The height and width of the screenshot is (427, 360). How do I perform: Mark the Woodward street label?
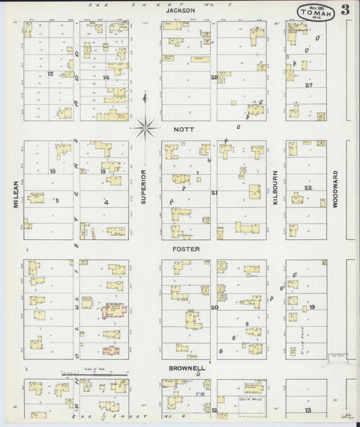tap(334, 191)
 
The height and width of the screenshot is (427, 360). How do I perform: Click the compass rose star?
tap(145, 126)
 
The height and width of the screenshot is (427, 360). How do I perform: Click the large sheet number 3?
tap(345, 9)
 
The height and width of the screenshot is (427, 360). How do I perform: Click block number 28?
tap(214, 77)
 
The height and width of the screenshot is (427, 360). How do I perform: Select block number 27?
tap(309, 85)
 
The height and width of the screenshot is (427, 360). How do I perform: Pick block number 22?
tap(308, 187)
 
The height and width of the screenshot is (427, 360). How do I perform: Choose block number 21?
tap(214, 193)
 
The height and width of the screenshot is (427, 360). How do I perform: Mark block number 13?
tap(307, 410)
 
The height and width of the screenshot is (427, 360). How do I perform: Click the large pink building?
tap(113, 311)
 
